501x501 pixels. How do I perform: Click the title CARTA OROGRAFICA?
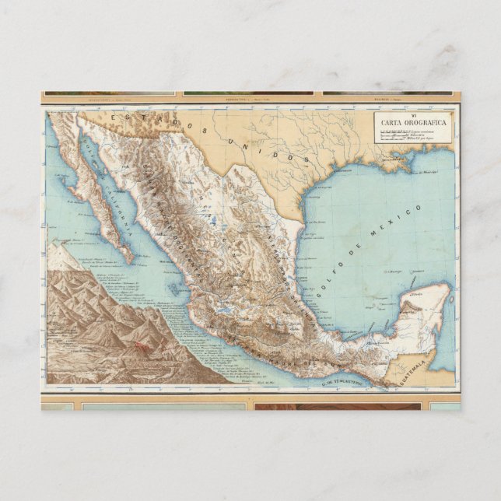tap(413, 122)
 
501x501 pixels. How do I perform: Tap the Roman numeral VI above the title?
tap(413, 114)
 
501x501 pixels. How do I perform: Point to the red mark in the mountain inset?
tap(142, 347)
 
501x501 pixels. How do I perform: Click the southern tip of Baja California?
tap(128, 260)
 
